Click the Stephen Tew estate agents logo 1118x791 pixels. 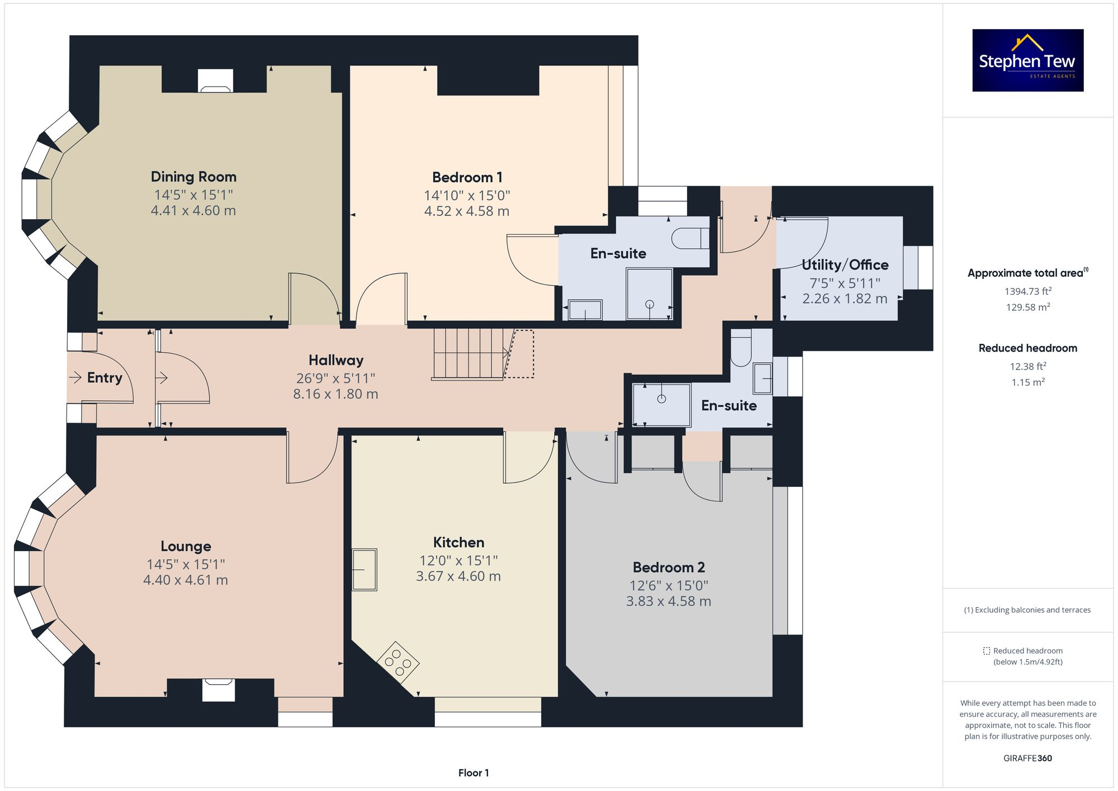[x=1027, y=60]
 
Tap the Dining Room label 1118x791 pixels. [x=193, y=177]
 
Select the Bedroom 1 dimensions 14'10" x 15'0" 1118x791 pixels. [x=467, y=195]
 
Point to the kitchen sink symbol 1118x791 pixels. [x=364, y=570]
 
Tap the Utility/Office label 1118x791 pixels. [x=845, y=264]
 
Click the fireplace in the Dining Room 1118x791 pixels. [x=215, y=81]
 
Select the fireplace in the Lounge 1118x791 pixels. [x=218, y=689]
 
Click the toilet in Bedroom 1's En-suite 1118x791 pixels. [x=689, y=238]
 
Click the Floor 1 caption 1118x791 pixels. [x=473, y=773]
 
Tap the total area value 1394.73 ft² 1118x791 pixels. [x=1027, y=291]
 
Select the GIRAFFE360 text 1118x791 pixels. [x=1027, y=758]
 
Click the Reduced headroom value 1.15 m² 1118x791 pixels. [x=1027, y=382]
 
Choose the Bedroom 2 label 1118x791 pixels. [x=669, y=567]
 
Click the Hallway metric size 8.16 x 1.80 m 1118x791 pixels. [x=335, y=394]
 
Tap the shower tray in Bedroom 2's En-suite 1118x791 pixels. [x=661, y=404]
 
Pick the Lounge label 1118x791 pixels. [x=186, y=546]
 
